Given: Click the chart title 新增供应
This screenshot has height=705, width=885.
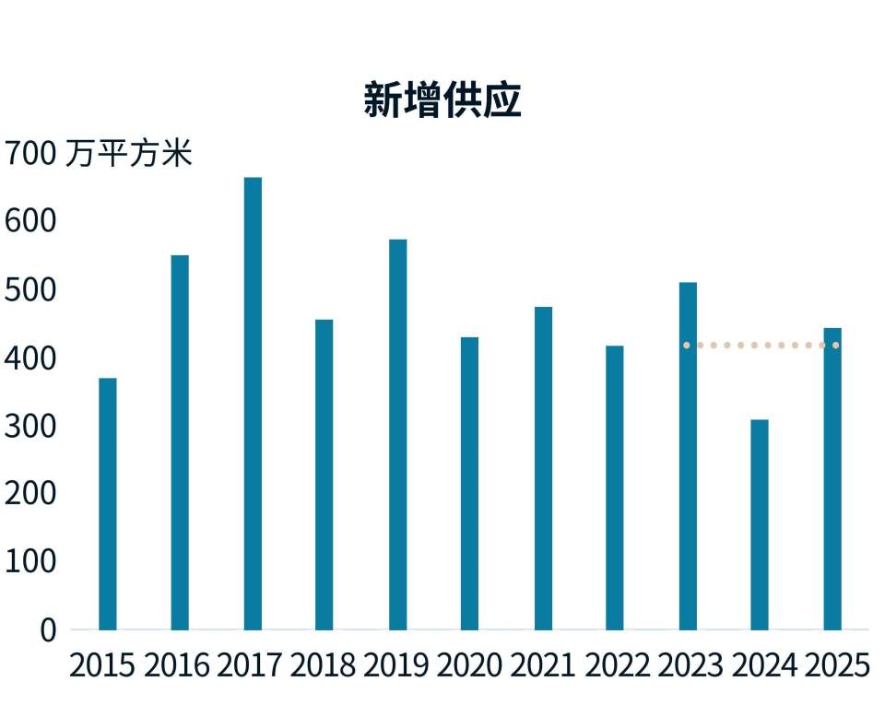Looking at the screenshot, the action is pos(442,100).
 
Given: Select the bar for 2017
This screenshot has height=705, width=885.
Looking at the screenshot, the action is pos(253,404).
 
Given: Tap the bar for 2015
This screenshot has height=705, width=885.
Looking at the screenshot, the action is pos(108,504).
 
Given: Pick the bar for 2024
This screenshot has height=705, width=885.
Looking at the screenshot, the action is pos(760,525).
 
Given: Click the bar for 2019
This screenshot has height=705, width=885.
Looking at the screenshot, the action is pos(398,435).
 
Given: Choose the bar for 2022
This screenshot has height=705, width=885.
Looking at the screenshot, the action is pos(615,488).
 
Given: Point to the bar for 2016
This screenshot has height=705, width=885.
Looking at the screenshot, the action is pos(180,442).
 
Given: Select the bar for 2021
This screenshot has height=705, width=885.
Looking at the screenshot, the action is pos(544,469).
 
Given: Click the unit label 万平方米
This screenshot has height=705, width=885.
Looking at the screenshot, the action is pos(129,153).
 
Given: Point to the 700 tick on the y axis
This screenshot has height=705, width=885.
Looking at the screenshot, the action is pos(30,153).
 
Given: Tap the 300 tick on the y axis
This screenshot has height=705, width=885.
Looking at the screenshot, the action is pos(30,427).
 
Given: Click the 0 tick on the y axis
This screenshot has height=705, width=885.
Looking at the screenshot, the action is pos(49,630).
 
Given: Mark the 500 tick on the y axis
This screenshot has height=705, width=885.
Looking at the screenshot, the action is pos(30,290).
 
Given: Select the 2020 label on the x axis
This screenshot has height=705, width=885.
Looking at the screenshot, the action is pos(469,665).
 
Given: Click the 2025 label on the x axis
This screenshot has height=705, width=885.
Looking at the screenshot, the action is pos(837,665).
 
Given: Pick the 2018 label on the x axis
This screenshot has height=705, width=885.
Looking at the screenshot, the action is pos(324,665).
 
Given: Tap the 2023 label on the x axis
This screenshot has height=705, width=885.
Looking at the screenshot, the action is pos(690,665).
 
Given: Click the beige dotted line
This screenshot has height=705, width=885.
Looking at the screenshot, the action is pos(761,346).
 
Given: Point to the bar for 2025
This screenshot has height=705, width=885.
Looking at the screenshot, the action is pos(832,479).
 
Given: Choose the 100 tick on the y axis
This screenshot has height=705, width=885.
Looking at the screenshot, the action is pos(30,562).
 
